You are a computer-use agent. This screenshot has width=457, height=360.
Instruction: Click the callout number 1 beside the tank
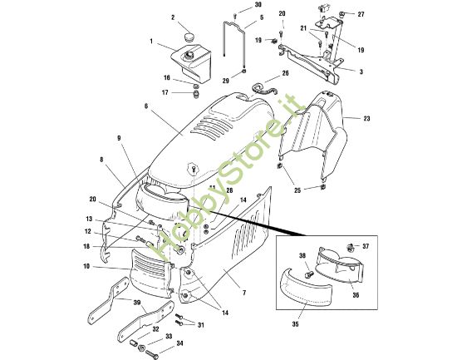pyautogui.click(x=151, y=42)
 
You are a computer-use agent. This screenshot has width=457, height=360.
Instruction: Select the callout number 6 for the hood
pyautogui.click(x=145, y=107)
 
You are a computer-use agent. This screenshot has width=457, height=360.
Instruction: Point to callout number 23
pyautogui.click(x=366, y=119)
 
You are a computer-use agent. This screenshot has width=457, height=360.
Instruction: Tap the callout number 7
pyautogui.click(x=244, y=293)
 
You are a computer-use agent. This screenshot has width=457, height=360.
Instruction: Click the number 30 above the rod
pyautogui.click(x=234, y=5)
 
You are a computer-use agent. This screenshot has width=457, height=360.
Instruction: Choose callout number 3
pyautogui.click(x=361, y=72)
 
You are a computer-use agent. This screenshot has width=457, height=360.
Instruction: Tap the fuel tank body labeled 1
pyautogui.click(x=189, y=62)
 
